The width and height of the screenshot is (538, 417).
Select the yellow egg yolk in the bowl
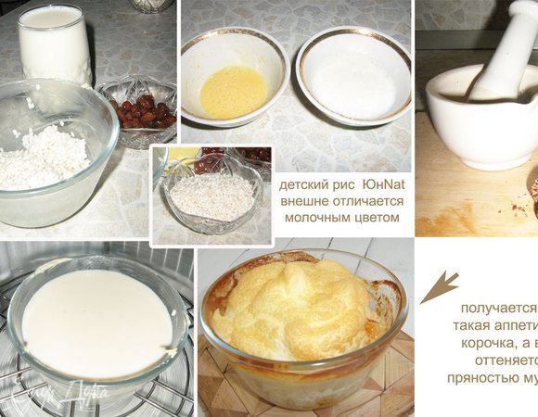coord(233,92)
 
